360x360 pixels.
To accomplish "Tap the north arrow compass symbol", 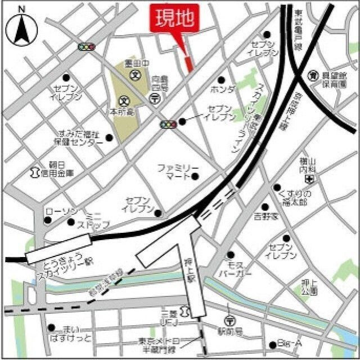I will pos(21,28).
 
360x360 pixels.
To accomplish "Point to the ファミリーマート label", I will pos(178,172).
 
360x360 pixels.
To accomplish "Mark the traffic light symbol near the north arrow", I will pos(87,47).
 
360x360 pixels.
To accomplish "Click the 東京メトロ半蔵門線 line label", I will pos(159,345).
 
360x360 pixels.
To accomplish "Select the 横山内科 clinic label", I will pos(309,165).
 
